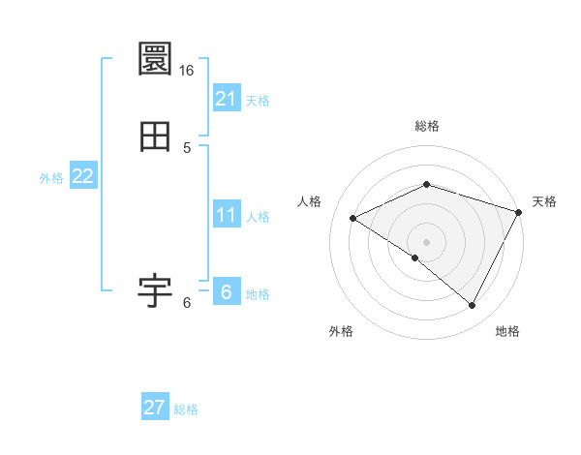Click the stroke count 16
[187, 71]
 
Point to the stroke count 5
[187, 148]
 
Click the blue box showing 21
[227, 98]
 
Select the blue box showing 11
[227, 214]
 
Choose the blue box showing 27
[155, 408]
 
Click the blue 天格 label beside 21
[258, 101]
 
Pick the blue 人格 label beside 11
[258, 217]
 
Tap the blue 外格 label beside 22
[51, 178]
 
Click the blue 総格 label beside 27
[186, 410]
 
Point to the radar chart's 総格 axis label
[426, 126]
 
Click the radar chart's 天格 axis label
[544, 201]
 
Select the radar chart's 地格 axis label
[507, 332]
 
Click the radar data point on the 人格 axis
[352, 219]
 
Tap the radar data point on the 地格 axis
[472, 306]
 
